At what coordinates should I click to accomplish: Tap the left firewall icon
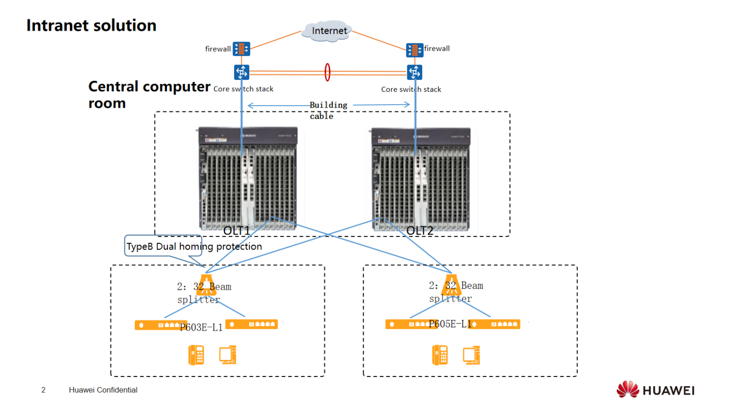(241, 49)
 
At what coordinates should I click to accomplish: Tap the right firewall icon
(414, 50)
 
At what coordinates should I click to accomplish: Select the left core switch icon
(242, 72)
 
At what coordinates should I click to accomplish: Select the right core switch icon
(414, 73)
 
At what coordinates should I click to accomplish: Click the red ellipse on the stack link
(327, 72)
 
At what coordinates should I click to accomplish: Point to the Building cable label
(328, 110)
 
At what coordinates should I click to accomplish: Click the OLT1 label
(236, 231)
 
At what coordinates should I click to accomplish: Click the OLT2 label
(420, 231)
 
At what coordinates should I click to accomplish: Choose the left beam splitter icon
(206, 285)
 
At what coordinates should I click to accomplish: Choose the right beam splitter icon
(451, 284)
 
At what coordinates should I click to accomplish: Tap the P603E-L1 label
(201, 327)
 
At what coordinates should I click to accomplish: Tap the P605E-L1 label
(450, 324)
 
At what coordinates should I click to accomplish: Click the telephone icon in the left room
(196, 355)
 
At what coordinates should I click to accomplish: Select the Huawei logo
(655, 390)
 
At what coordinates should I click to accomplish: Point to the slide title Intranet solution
(91, 25)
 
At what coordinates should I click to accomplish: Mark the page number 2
(43, 390)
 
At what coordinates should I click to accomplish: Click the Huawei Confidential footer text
(103, 390)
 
